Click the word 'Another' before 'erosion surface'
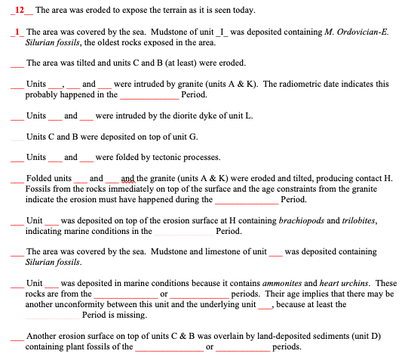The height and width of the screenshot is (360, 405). (41, 336)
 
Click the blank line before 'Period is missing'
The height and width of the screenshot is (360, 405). (51, 315)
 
